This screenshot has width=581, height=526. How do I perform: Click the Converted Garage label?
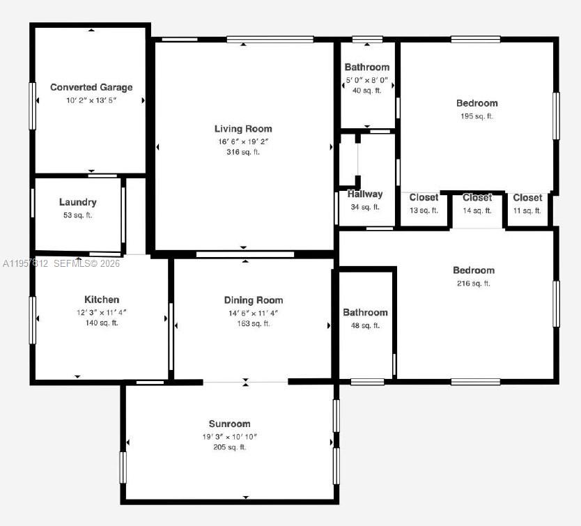(x=91, y=88)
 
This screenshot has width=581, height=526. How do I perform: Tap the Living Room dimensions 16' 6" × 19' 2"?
(x=242, y=141)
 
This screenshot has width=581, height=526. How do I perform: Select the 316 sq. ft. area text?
(x=242, y=152)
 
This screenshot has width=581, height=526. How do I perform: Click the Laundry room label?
(x=78, y=202)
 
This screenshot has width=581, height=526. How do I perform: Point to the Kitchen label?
(x=102, y=300)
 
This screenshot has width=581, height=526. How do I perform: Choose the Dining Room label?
(x=253, y=300)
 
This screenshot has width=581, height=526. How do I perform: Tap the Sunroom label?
(x=229, y=424)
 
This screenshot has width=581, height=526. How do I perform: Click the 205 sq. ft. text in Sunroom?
(x=229, y=447)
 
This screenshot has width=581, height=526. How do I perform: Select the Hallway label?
(x=365, y=194)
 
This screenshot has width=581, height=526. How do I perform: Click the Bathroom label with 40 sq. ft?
(x=366, y=68)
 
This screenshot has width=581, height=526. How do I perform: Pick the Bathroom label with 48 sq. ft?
(x=365, y=313)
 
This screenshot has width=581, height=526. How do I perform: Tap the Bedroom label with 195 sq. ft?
(x=477, y=104)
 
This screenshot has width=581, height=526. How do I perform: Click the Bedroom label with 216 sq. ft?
(x=473, y=270)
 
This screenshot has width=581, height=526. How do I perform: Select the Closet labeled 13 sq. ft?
(x=424, y=198)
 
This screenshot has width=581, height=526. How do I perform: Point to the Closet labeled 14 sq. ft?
(x=477, y=198)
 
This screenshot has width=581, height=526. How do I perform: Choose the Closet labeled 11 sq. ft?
(x=527, y=198)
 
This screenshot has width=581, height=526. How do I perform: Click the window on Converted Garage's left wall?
(x=32, y=106)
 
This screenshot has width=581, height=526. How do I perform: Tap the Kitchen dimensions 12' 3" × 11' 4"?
(x=102, y=312)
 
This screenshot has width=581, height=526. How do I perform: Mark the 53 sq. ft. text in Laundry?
(x=78, y=215)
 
